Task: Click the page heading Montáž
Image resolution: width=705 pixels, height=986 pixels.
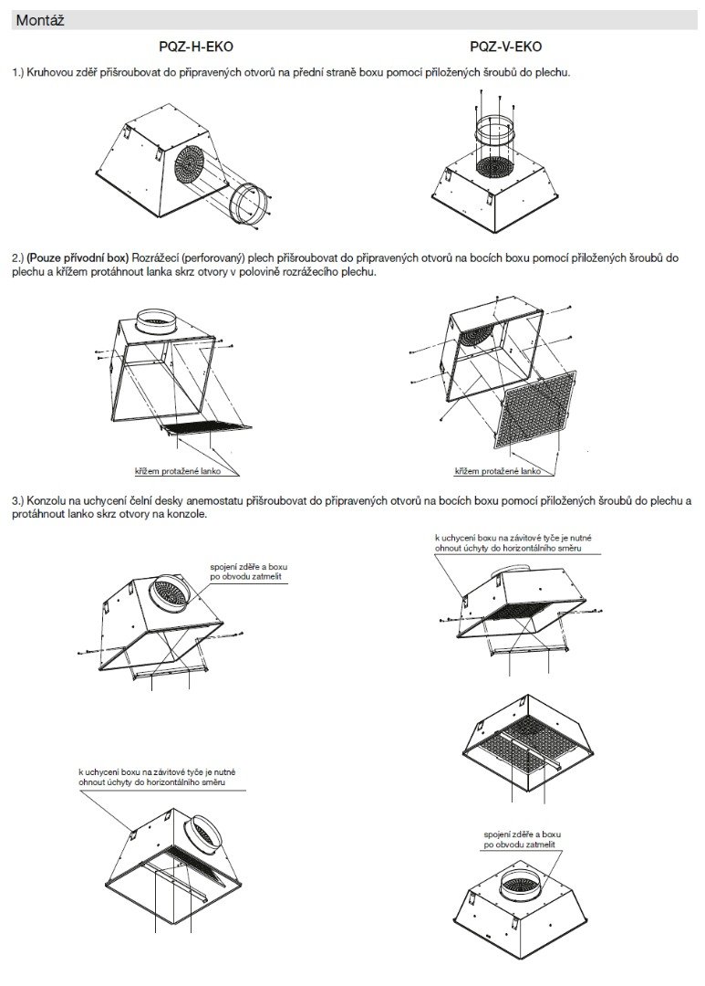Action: tap(37, 18)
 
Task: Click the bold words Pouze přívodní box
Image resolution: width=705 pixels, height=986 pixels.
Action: tap(79, 258)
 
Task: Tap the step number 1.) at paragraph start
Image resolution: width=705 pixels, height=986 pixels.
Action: tap(18, 71)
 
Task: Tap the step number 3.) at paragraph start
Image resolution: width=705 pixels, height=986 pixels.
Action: tap(18, 501)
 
